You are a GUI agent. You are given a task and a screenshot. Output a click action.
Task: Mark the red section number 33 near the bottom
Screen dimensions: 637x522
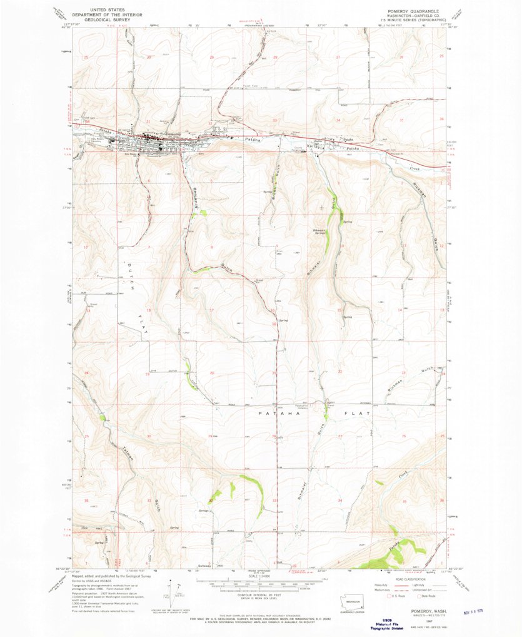pos(274,501)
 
